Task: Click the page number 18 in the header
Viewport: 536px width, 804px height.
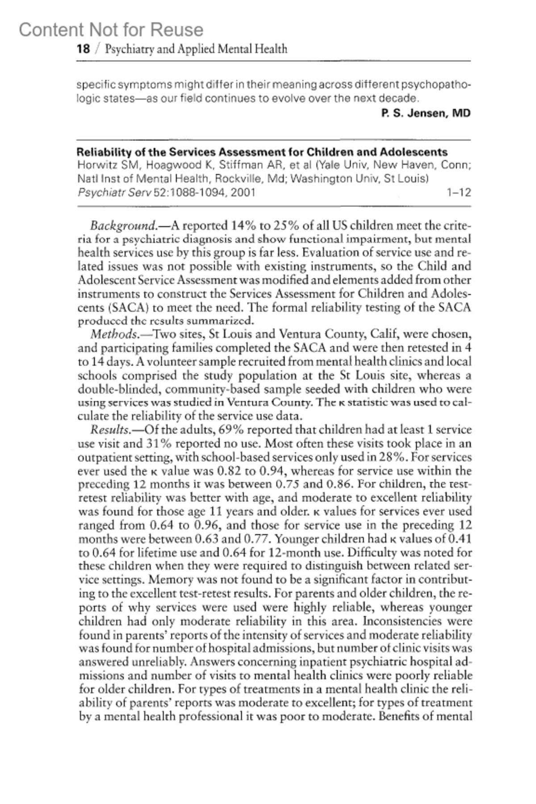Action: pos(83,49)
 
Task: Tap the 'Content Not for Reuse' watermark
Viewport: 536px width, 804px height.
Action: pos(111,30)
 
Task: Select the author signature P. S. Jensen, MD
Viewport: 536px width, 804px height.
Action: pos(426,113)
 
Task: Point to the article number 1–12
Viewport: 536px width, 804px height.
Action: pos(459,193)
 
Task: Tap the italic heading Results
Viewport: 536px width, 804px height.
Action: pos(111,430)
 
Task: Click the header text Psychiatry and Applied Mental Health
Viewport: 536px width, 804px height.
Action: pos(196,49)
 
